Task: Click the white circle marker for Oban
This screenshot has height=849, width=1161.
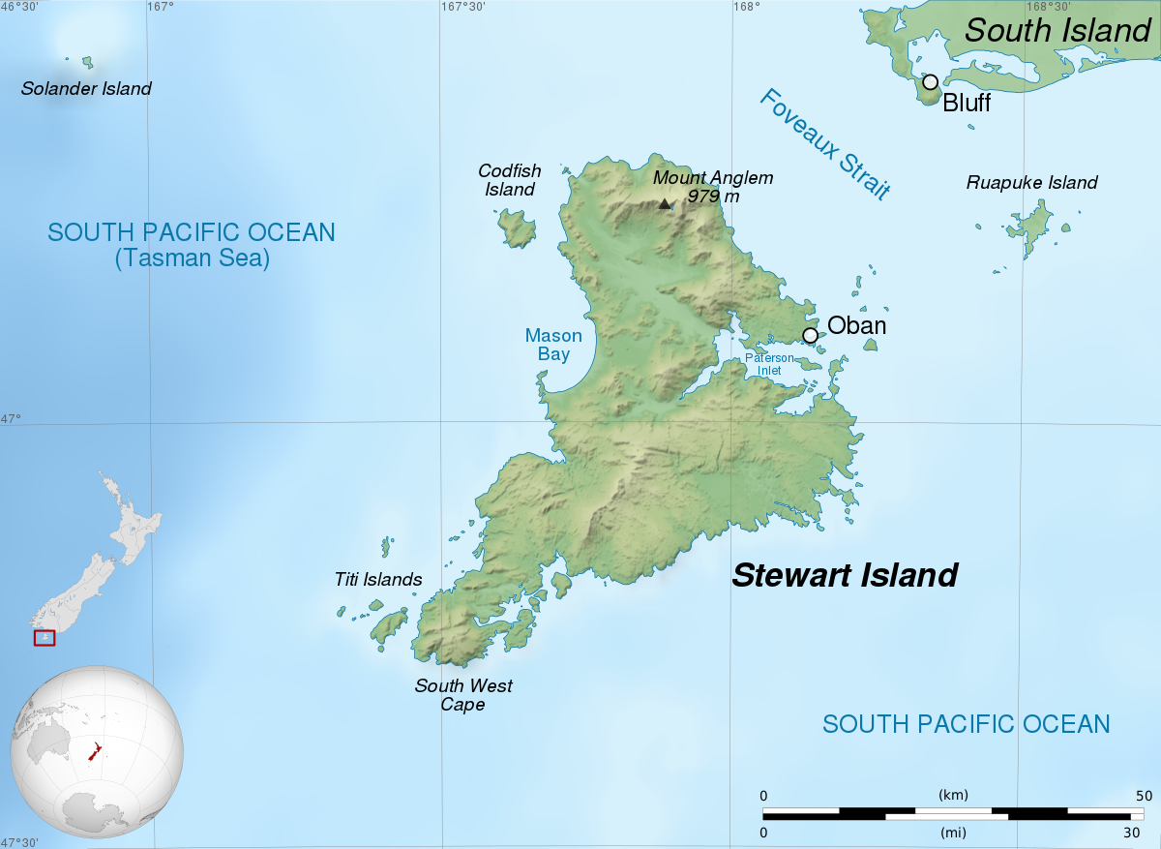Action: point(810,335)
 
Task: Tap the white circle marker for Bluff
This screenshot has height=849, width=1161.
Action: point(930,82)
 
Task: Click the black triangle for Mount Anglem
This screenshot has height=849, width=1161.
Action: point(665,203)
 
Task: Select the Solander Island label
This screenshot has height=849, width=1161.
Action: point(87,89)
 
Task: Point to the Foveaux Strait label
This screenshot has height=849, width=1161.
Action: point(824,144)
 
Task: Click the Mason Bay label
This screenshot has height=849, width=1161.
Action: point(553,345)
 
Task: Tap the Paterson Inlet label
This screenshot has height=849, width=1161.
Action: point(769,364)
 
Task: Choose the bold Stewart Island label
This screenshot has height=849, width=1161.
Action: point(845,575)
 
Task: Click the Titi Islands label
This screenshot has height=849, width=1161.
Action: point(378,580)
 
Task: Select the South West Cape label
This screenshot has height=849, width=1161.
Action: point(463,695)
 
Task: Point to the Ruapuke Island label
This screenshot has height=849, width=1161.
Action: point(1032,182)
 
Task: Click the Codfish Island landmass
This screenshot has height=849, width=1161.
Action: point(517,228)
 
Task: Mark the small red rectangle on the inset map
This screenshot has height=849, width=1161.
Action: point(45,638)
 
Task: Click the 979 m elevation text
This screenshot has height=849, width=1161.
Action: point(713,197)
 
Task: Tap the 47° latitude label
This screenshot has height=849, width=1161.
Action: point(10,419)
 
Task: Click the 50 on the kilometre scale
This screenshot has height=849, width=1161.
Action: point(1144,796)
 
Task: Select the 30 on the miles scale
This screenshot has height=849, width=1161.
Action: point(1132,832)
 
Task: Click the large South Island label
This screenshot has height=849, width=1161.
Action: point(1057,30)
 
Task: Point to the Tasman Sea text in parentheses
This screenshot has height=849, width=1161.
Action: point(192,258)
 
